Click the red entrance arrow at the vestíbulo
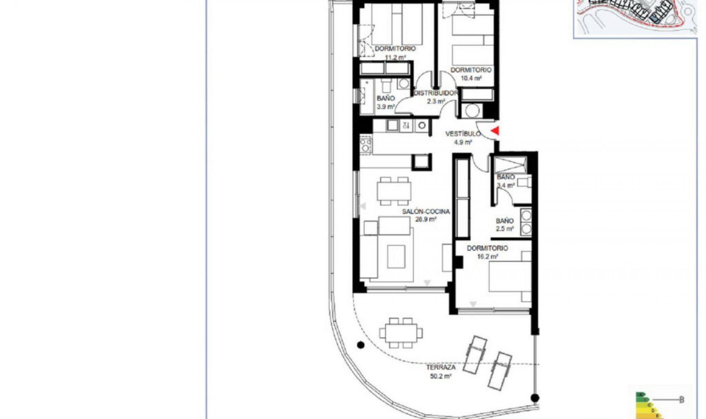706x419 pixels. coord(495,130)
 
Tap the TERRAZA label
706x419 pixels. coord(441,367)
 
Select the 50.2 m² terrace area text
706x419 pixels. coord(441,376)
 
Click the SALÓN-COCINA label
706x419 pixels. coord(426,212)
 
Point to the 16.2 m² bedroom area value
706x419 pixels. coord(487,257)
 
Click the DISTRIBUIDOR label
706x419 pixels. coord(436,93)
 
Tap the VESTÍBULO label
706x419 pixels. coord(463,134)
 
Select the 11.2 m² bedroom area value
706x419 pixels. coord(395,57)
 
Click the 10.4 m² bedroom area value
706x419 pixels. coord(471,78)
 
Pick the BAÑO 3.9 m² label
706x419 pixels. coord(386,103)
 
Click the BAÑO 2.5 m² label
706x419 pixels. coord(504,225)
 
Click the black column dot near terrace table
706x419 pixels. coord(361,345)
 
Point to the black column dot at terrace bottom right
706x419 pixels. coord(535,398)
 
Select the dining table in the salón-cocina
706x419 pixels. coord(394,191)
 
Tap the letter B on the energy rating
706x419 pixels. coord(681,400)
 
